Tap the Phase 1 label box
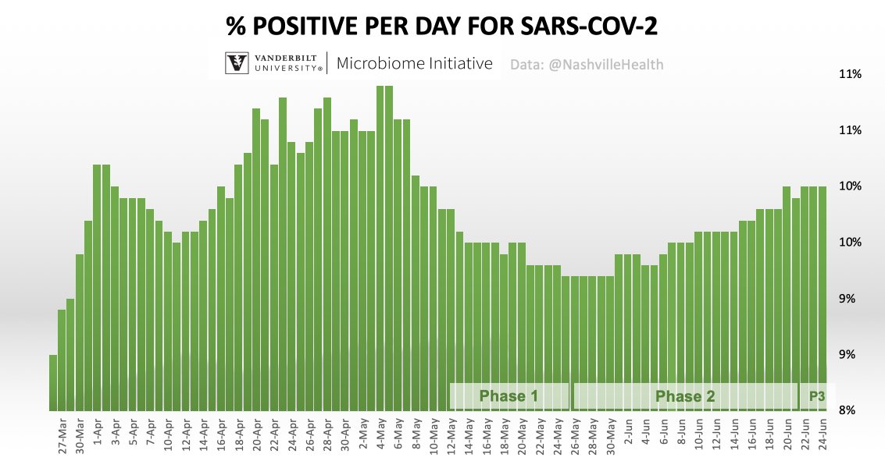click(x=509, y=396)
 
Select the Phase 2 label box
click(x=685, y=396)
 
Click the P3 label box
click(x=816, y=396)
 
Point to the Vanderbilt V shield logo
click(x=237, y=63)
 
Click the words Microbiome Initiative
click(x=415, y=64)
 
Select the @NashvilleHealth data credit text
click(x=587, y=65)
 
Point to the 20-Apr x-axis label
click(x=257, y=435)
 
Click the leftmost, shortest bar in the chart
click(x=53, y=382)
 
